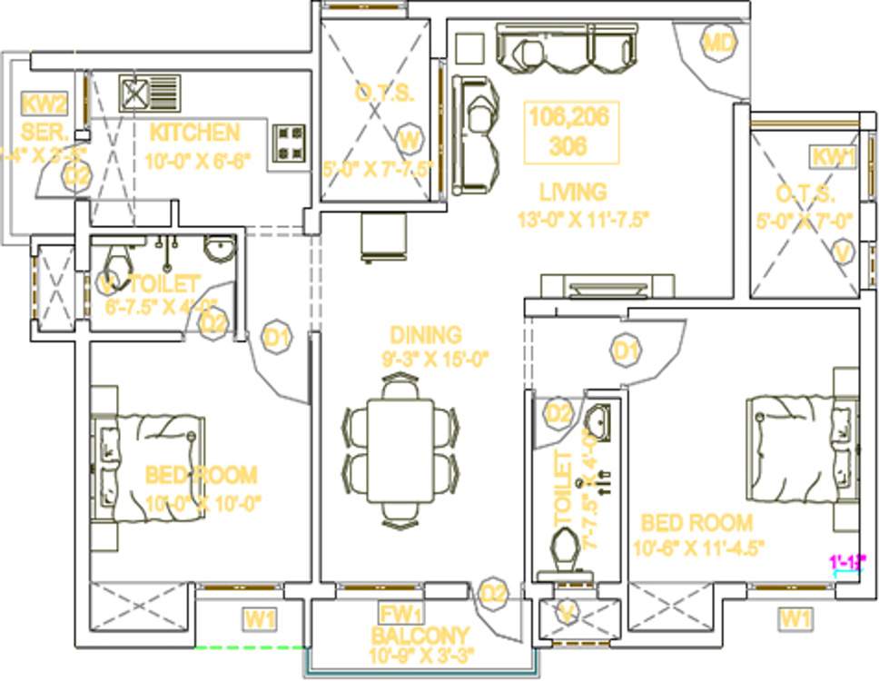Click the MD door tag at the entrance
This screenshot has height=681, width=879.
(718, 43)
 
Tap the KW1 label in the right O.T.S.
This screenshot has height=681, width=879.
(834, 156)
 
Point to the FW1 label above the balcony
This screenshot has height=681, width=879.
(400, 614)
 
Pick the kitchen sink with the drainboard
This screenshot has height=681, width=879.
(150, 93)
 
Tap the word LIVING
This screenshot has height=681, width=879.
(572, 192)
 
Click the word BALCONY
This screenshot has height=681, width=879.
(420, 636)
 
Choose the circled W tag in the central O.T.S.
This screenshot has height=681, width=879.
(410, 139)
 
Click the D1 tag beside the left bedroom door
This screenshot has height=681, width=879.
(277, 339)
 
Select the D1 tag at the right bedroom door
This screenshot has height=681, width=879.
(625, 350)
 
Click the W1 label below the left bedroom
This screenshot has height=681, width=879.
(260, 620)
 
